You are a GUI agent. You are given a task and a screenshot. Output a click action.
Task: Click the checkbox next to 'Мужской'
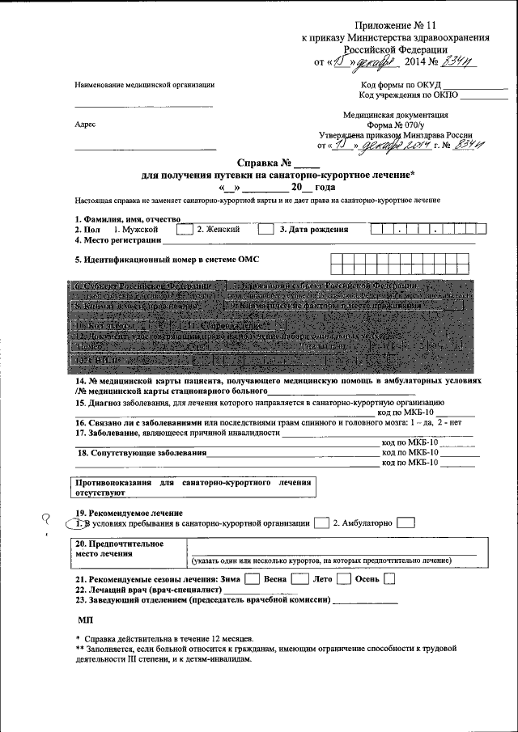184,230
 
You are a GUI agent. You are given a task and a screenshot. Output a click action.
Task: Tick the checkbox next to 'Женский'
265,230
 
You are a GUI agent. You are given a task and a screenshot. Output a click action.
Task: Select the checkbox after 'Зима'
252,579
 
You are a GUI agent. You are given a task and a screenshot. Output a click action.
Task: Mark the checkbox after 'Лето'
343,579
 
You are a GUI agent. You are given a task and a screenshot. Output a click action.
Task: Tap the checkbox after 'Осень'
390,579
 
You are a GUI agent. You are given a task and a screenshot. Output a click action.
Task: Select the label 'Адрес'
85,125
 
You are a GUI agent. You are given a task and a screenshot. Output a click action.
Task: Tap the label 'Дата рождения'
314,230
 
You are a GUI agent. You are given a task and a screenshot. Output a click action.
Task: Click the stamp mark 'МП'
85,620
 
